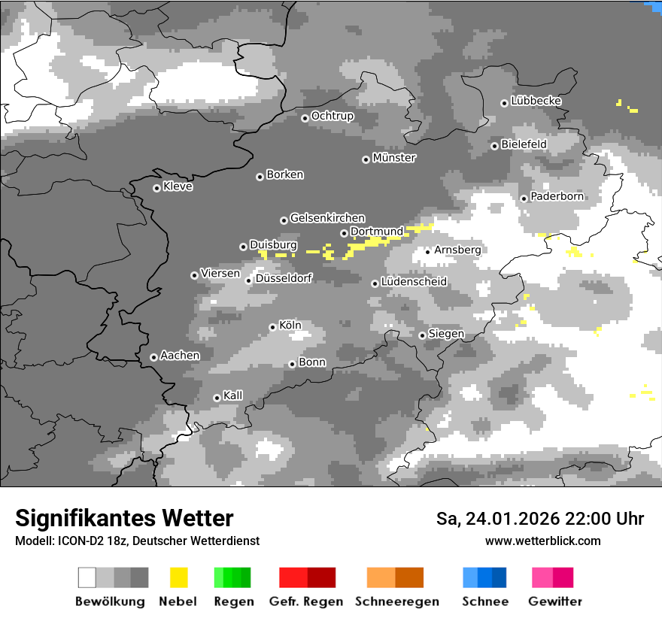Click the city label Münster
tap(394, 158)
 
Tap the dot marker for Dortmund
tap(344, 233)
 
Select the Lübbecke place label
tap(536, 101)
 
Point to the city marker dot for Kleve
tap(156, 188)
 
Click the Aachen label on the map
tap(180, 356)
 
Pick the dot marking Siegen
tap(422, 335)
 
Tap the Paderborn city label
tap(557, 197)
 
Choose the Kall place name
tap(233, 395)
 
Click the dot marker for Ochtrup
tap(305, 118)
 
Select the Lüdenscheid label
tap(414, 282)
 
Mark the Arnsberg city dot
tap(427, 251)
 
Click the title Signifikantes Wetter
tap(124, 518)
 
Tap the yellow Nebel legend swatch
tap(178, 577)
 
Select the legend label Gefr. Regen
tap(306, 601)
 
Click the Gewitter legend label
tap(555, 601)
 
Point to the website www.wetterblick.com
tap(543, 541)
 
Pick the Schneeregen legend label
tap(397, 601)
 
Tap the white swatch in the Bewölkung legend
tap(87, 577)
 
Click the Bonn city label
tap(312, 362)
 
